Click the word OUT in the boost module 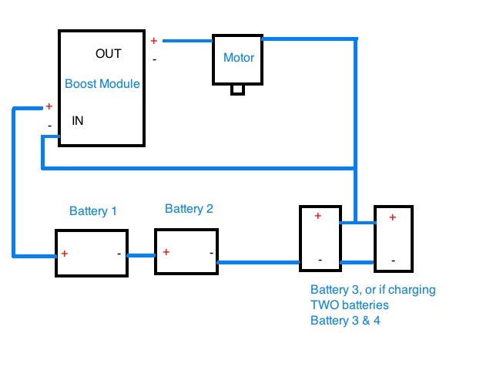pyautogui.click(x=109, y=54)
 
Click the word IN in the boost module pyautogui.click(x=78, y=121)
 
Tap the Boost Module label pyautogui.click(x=102, y=84)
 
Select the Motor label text pyautogui.click(x=239, y=58)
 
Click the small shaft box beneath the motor pyautogui.click(x=238, y=89)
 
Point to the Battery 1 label pyautogui.click(x=93, y=210)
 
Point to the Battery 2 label pyautogui.click(x=189, y=209)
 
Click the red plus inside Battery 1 pyautogui.click(x=65, y=254)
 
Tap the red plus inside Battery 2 pyautogui.click(x=166, y=252)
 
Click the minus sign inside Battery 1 pyautogui.click(x=119, y=254)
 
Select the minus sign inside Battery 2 pyautogui.click(x=211, y=253)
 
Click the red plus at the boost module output pyautogui.click(x=154, y=41)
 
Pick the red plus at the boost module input pyautogui.click(x=49, y=106)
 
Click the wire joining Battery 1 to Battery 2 pyautogui.click(x=141, y=255)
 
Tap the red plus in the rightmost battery pyautogui.click(x=392, y=217)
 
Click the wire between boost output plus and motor pyautogui.click(x=188, y=41)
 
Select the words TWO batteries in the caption pyautogui.click(x=349, y=305)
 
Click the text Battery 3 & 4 pyautogui.click(x=345, y=321)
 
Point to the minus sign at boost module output pyautogui.click(x=154, y=59)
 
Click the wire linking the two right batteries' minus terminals pyautogui.click(x=357, y=262)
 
